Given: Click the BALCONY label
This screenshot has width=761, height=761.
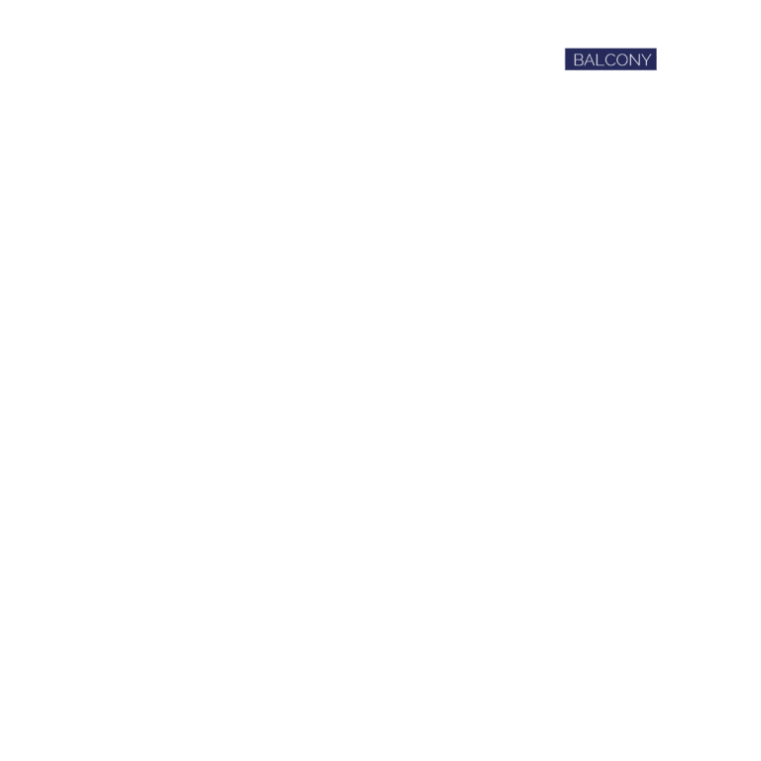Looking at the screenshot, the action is tap(612, 59).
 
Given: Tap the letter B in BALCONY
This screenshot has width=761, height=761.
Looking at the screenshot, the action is tap(579, 59).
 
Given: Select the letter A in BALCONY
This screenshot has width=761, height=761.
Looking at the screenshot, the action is tap(591, 59).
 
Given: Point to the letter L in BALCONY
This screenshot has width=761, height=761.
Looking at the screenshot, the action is tap(600, 59).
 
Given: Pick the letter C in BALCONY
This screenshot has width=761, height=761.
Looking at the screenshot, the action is tap(610, 59).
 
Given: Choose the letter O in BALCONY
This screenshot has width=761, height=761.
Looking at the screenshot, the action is tap(623, 59).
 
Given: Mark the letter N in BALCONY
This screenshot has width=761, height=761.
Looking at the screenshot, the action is tap(636, 59).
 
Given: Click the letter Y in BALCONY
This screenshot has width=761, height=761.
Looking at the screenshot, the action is tap(646, 59).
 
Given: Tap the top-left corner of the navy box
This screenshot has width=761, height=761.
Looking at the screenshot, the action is tap(565, 48).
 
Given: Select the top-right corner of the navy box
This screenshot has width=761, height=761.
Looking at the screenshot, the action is tap(657, 48).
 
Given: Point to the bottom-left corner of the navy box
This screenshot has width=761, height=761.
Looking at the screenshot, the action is tap(565, 70).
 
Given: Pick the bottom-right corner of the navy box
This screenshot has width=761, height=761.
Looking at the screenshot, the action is tap(657, 70).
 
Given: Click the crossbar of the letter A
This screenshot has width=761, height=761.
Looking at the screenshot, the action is tap(591, 62).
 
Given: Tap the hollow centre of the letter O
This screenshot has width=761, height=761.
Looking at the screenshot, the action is tap(623, 59).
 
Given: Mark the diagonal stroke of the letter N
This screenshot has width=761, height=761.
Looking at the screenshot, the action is tap(636, 59).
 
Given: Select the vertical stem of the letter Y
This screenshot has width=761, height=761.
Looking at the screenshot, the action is tap(646, 63).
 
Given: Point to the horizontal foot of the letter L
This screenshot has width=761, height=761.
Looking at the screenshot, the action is tap(601, 65).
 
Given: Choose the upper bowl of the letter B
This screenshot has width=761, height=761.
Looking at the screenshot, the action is tap(579, 56).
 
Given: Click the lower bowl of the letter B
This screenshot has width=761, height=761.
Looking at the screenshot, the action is tap(579, 62).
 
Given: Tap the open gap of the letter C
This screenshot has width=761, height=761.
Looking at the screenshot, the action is tap(615, 59).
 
